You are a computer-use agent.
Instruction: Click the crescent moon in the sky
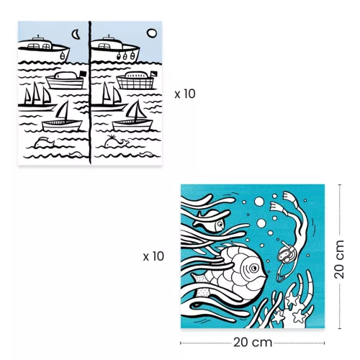coord(76,33)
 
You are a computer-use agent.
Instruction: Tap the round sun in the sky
coord(150,32)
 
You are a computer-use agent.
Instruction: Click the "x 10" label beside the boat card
coord(185,94)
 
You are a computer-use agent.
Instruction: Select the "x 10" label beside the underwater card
coord(153,256)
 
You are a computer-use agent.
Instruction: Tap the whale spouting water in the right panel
coord(115,143)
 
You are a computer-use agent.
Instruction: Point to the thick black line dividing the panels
coord(91,94)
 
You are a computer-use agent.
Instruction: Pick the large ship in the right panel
coord(117,49)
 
